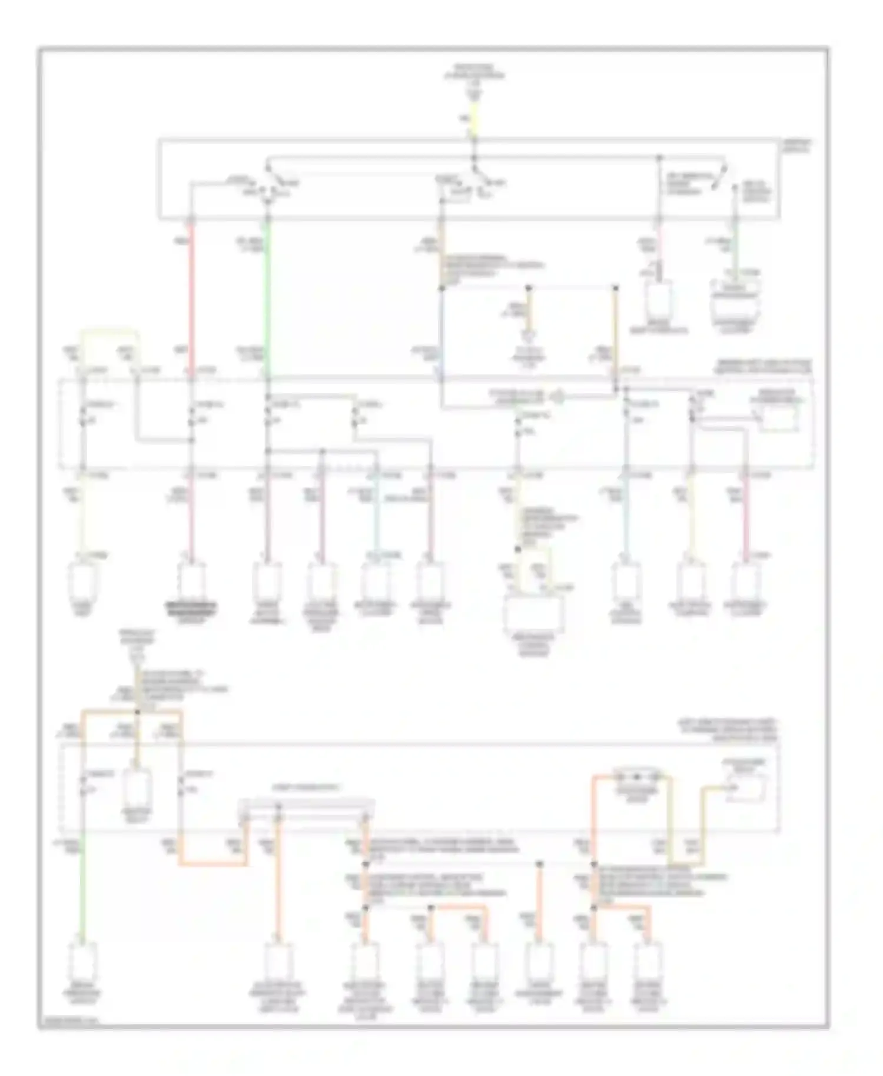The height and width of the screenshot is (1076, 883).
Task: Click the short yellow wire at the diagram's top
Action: pyautogui.click(x=474, y=118)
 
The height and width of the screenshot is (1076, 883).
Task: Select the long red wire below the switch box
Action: pyautogui.click(x=191, y=294)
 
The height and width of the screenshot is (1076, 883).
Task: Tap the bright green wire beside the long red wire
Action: pyautogui.click(x=267, y=294)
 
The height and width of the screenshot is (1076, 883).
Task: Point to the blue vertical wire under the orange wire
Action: pyautogui.click(x=441, y=336)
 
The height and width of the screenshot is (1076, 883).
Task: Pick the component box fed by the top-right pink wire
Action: pyautogui.click(x=659, y=300)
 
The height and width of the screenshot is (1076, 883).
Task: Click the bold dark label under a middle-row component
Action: pyautogui.click(x=191, y=607)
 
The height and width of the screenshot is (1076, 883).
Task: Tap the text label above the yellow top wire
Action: pyautogui.click(x=474, y=73)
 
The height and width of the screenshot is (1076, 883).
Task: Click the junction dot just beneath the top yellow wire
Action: pyautogui.click(x=474, y=140)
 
